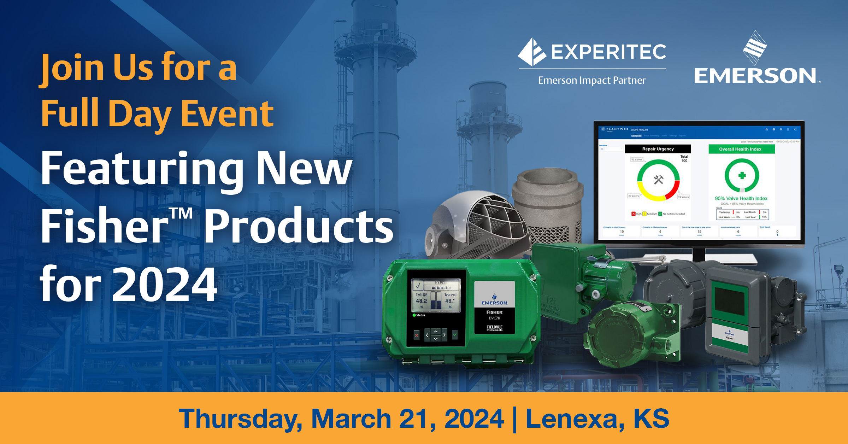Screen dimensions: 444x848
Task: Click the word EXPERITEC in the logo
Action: (x=608, y=52)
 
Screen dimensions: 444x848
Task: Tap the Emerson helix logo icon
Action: (x=755, y=48)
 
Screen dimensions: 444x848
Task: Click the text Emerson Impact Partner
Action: (x=592, y=81)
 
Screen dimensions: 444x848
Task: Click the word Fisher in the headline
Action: (x=104, y=226)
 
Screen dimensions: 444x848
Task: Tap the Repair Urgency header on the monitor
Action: (x=658, y=149)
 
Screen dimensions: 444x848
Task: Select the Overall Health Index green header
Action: (x=741, y=149)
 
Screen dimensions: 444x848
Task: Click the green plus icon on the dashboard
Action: (x=742, y=175)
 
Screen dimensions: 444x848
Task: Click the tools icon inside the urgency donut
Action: (x=658, y=180)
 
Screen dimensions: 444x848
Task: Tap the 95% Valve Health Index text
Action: (x=741, y=198)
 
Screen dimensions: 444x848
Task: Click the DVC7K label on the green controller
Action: (x=494, y=318)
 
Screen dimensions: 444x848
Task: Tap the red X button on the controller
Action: (x=417, y=335)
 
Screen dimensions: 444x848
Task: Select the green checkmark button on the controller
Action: (x=455, y=334)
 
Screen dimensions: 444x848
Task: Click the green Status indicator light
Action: (x=414, y=315)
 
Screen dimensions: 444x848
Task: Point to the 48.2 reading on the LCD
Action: (x=421, y=301)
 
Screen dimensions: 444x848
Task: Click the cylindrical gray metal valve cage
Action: (x=548, y=201)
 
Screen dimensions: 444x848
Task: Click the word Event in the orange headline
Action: (x=227, y=114)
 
